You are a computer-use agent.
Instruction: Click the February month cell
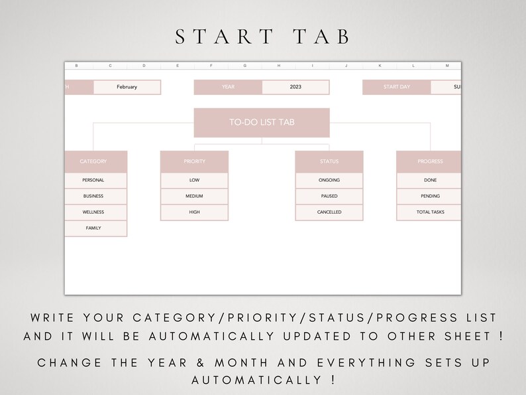127,87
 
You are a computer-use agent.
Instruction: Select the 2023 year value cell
295,87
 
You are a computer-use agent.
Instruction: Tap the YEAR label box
228,87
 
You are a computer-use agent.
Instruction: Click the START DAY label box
397,87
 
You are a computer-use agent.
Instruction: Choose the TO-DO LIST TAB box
262,122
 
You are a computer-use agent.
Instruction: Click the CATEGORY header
93,161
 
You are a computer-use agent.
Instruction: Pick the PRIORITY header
194,161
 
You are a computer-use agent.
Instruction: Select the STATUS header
329,161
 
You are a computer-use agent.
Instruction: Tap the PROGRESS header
430,161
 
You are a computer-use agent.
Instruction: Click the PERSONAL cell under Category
93,180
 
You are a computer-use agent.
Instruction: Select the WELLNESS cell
93,212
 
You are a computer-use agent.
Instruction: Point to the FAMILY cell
93,228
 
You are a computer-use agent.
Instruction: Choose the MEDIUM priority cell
194,197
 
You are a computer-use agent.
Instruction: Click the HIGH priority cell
194,212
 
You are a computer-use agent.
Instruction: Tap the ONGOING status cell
329,180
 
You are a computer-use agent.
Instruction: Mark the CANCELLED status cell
329,212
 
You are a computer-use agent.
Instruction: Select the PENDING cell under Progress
430,197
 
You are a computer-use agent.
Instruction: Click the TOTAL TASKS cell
430,212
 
